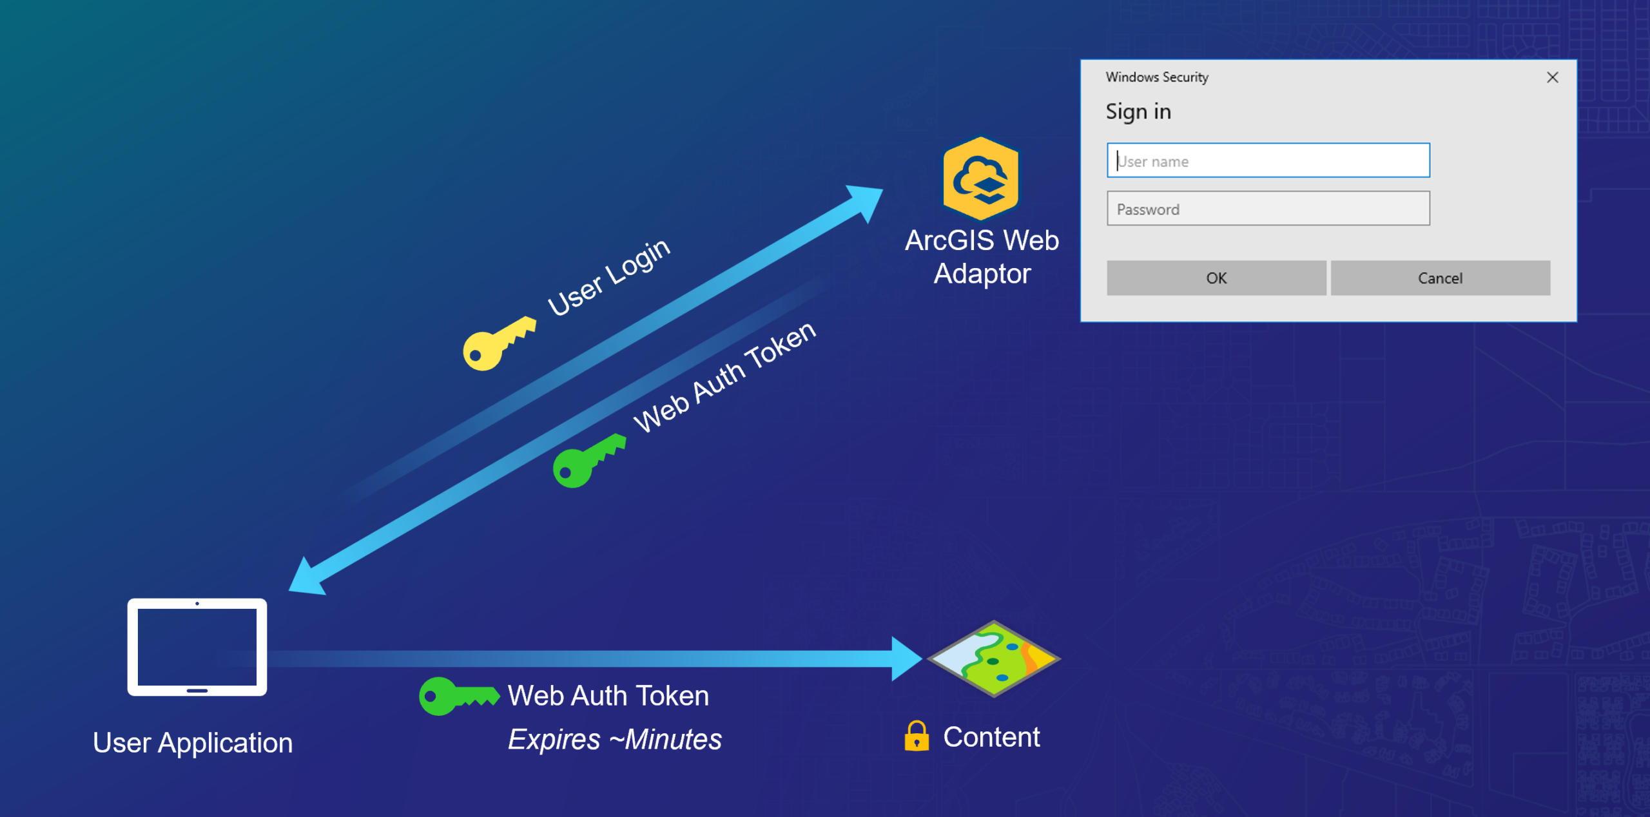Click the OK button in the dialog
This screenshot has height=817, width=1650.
click(x=1216, y=278)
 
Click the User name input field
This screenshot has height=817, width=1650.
click(x=1268, y=160)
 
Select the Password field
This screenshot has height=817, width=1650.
click(x=1268, y=209)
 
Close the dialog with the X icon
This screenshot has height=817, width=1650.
click(x=1552, y=77)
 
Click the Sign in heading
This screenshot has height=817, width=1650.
click(x=1138, y=111)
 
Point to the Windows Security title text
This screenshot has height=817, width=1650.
click(x=1157, y=77)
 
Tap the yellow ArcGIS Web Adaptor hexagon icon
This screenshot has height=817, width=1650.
click(x=980, y=178)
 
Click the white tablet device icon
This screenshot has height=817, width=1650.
click(x=197, y=647)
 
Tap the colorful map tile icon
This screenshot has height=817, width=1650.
click(x=993, y=658)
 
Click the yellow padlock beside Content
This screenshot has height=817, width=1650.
click(x=916, y=736)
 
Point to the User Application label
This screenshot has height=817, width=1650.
click(x=193, y=743)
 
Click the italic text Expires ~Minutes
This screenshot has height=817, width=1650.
click(x=614, y=739)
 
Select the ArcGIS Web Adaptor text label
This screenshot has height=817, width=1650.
click(x=982, y=256)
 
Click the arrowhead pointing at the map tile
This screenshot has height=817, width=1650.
click(x=906, y=658)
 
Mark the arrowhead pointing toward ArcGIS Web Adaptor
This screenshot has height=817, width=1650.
click(x=866, y=200)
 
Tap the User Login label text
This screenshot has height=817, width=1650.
click(x=608, y=277)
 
